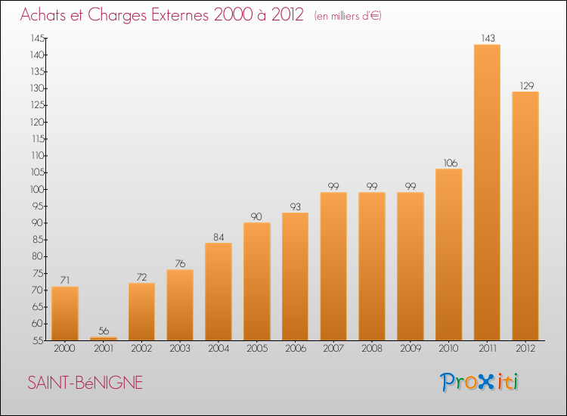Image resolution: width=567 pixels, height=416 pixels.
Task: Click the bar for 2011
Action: point(487,192)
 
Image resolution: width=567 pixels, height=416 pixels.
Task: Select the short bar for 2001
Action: point(104,339)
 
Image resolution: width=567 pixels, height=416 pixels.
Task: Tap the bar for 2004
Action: point(218,291)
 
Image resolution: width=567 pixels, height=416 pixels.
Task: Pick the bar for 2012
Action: point(525,216)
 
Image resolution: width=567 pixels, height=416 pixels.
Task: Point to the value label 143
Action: point(488,39)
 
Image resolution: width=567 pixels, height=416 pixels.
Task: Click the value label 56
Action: point(104,331)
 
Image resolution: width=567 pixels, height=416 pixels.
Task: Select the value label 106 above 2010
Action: point(451,163)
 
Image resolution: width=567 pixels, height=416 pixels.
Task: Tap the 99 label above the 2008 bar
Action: point(372,186)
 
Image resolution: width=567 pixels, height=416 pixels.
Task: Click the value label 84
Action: point(218,237)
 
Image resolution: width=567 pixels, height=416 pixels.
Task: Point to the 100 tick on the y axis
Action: point(37,189)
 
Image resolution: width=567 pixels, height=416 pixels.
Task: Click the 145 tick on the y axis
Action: point(38,38)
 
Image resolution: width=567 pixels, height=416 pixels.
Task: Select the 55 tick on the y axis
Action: point(38,340)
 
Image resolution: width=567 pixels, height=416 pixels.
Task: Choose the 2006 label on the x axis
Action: point(296,349)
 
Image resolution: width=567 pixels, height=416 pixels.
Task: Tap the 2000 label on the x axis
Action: point(65,349)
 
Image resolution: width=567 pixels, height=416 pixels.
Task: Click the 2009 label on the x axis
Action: point(411,349)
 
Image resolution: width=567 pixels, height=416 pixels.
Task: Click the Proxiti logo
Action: point(479,382)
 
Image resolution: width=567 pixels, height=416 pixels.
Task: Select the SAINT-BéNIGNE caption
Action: point(85,383)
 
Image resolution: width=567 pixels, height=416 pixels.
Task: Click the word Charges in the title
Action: point(117,15)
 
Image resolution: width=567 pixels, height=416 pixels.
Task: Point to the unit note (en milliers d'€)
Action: point(348,16)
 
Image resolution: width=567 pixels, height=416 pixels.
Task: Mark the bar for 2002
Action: point(142,312)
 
